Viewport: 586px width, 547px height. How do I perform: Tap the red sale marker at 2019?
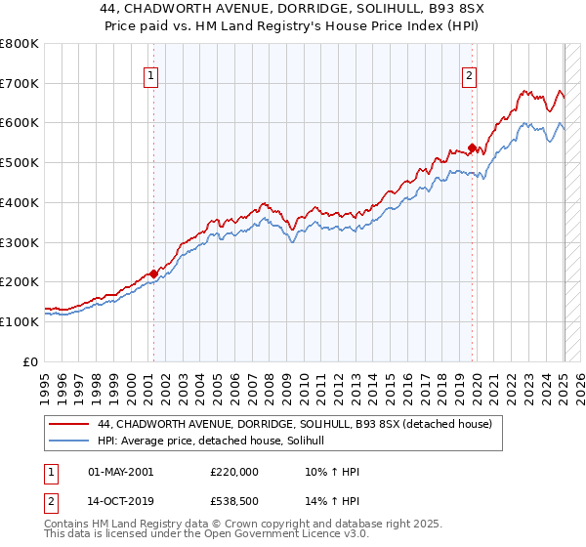tap(472, 148)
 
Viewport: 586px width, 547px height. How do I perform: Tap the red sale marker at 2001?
tap(153, 274)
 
